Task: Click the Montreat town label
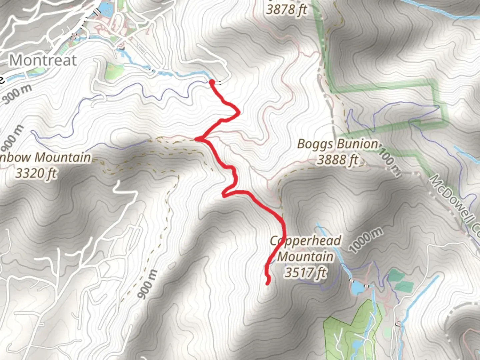tap(43, 60)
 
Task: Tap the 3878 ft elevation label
tap(286, 10)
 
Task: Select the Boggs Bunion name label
tap(337, 144)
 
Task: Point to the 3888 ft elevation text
tap(337, 160)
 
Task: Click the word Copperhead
tap(306, 241)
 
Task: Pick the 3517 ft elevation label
tap(305, 273)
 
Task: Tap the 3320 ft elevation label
tap(36, 173)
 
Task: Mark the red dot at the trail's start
tap(212, 82)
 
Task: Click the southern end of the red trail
tap(268, 283)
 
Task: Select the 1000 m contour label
tap(366, 241)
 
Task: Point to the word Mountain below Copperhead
tap(305, 257)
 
